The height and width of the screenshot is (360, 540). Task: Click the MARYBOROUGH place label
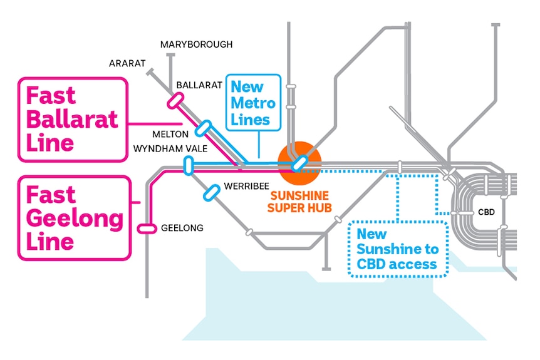pos(196,44)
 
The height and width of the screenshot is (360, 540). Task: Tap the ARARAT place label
pos(127,63)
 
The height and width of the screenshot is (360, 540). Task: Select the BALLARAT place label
pos(199,85)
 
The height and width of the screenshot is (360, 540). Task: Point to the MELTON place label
pos(170,134)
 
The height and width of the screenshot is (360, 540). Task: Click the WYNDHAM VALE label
pos(170,148)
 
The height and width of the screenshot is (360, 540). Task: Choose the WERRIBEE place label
pos(246,186)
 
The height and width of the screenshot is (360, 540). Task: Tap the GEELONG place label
pos(182,228)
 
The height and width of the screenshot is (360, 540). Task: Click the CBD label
pos(486,212)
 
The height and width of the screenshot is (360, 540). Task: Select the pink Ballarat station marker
pos(175,101)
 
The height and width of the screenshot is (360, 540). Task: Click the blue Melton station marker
pos(203,128)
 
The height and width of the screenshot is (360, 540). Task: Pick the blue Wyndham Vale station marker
pos(189,165)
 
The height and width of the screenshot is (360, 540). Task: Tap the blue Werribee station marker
pos(212,193)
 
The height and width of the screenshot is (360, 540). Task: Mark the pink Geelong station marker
pos(147,229)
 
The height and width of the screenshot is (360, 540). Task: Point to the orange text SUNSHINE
pos(299,196)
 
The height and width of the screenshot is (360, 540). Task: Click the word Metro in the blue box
pos(253,103)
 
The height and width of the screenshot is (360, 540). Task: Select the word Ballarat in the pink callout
pos(72,120)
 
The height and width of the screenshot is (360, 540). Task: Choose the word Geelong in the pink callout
pos(75,219)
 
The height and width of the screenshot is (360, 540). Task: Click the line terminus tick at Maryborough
pos(170,54)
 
